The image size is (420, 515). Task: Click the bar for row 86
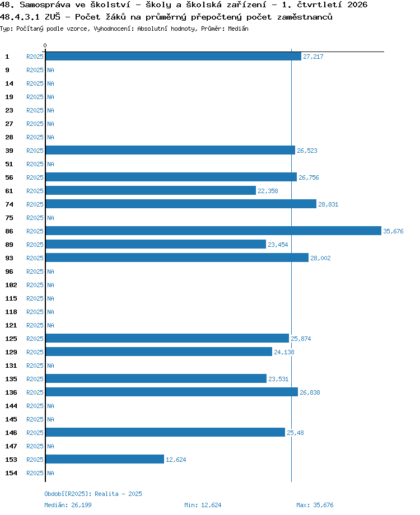(213, 231)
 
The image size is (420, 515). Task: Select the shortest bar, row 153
(105, 459)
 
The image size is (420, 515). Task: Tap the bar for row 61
(151, 190)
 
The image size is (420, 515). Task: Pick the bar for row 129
(158, 352)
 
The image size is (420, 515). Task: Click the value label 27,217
(313, 57)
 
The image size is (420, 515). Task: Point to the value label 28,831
(328, 204)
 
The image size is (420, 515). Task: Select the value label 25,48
(295, 433)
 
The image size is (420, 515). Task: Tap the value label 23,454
(278, 245)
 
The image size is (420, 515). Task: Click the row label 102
(11, 285)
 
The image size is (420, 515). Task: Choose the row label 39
(9, 151)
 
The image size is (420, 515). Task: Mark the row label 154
(11, 473)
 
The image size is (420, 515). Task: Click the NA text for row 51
(50, 164)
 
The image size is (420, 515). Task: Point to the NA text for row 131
(50, 366)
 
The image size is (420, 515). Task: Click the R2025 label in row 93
(35, 258)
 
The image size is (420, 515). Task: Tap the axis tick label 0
(45, 45)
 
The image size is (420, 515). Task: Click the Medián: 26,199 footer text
(68, 505)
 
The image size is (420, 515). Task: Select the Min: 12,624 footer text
(203, 505)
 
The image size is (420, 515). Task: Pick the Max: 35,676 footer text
(315, 505)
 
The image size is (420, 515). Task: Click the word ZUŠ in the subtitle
(52, 17)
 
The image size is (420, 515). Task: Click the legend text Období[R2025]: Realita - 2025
(94, 494)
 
